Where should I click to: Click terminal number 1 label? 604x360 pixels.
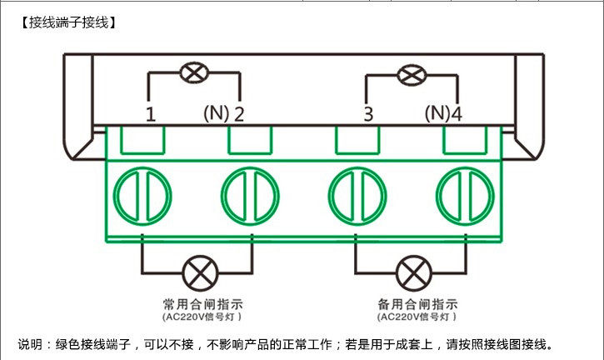(151, 113)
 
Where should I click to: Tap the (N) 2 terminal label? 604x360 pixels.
(223, 113)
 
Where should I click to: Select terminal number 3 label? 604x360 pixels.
(367, 113)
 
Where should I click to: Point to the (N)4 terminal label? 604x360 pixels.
(443, 113)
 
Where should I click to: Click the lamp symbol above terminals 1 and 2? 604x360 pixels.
(194, 72)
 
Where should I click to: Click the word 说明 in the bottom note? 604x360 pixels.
(30, 344)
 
